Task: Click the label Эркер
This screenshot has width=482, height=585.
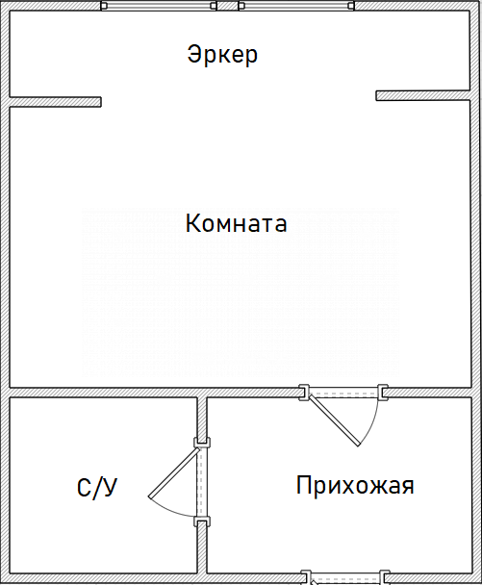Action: [222, 55]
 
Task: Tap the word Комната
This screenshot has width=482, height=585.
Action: [236, 223]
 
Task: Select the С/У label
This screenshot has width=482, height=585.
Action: [97, 488]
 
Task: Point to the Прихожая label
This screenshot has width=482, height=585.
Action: [355, 486]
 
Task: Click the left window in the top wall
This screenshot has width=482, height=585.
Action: [159, 6]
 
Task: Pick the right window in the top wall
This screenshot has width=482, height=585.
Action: [296, 6]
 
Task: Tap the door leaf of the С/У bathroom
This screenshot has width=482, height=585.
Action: [174, 472]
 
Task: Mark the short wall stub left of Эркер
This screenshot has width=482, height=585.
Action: [55, 102]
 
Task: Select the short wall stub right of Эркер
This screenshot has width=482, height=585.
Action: [422, 95]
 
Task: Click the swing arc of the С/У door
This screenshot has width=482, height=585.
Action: [170, 510]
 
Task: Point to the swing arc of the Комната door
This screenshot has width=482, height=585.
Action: [372, 424]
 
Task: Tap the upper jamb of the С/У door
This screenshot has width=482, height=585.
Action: [202, 443]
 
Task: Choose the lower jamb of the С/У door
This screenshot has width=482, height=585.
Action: [202, 521]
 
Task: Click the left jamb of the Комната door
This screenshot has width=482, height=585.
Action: [304, 393]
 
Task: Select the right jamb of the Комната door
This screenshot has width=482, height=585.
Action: [383, 393]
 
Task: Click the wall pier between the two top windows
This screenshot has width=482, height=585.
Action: [228, 6]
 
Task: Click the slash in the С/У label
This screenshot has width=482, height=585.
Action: [96, 488]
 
